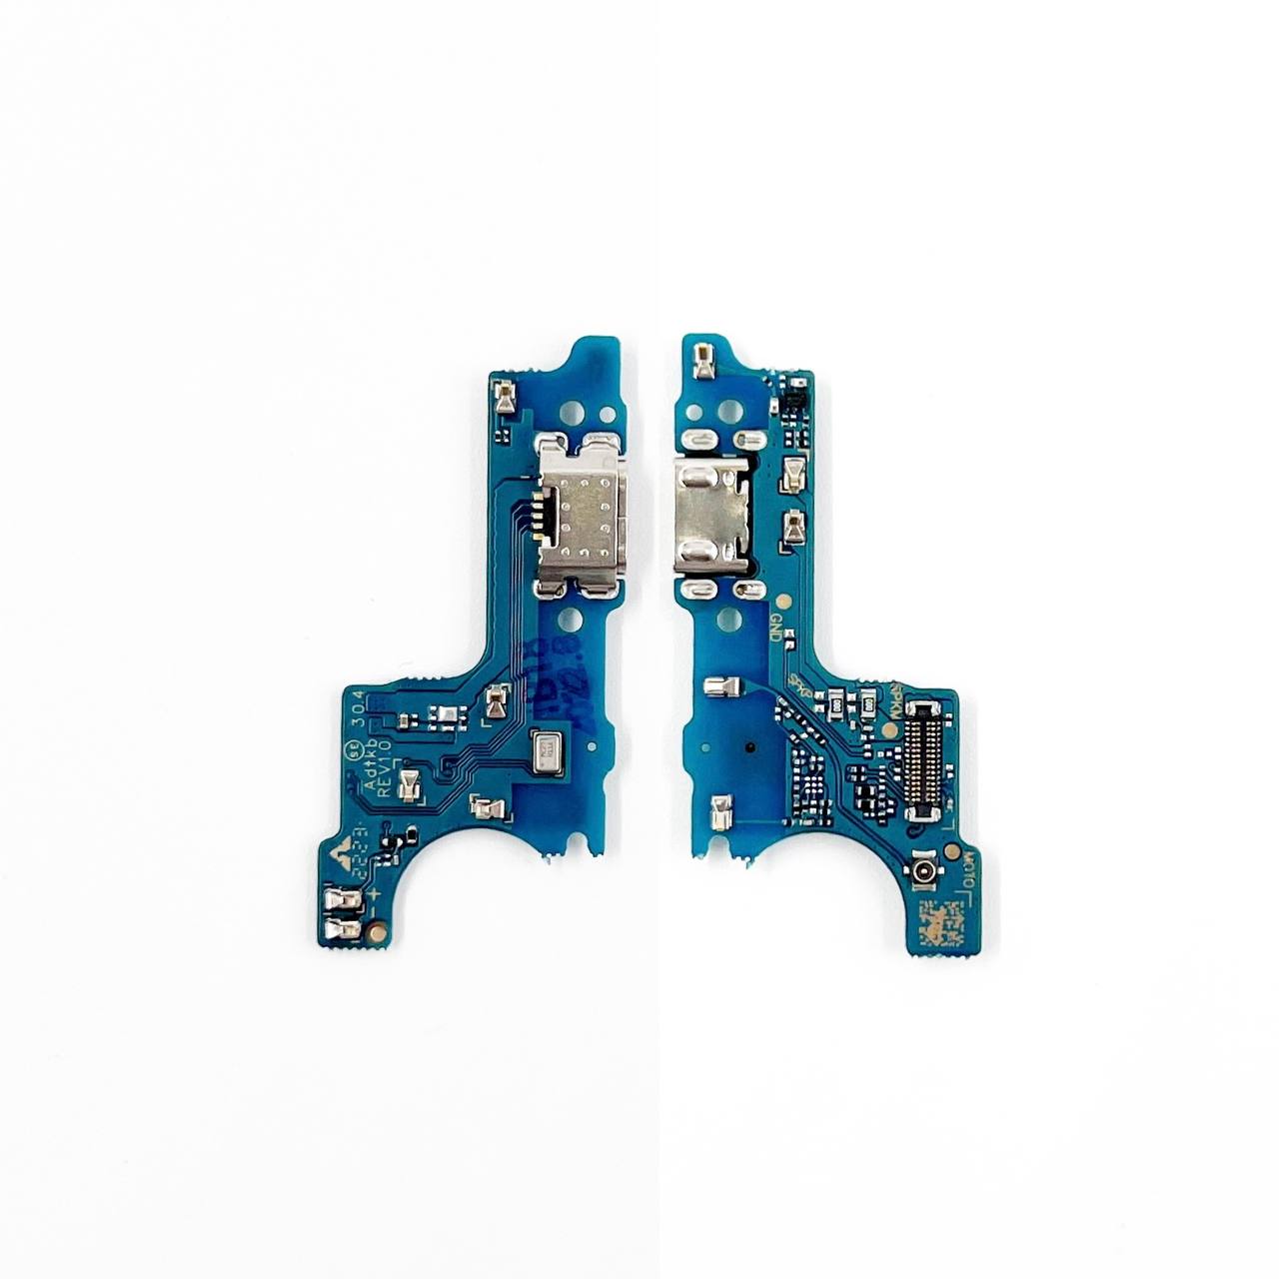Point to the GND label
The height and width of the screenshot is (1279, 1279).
click(x=774, y=627)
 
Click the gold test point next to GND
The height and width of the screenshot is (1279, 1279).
click(x=782, y=602)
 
